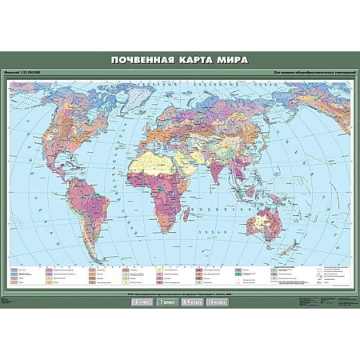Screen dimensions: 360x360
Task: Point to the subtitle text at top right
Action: coord(307,75)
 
